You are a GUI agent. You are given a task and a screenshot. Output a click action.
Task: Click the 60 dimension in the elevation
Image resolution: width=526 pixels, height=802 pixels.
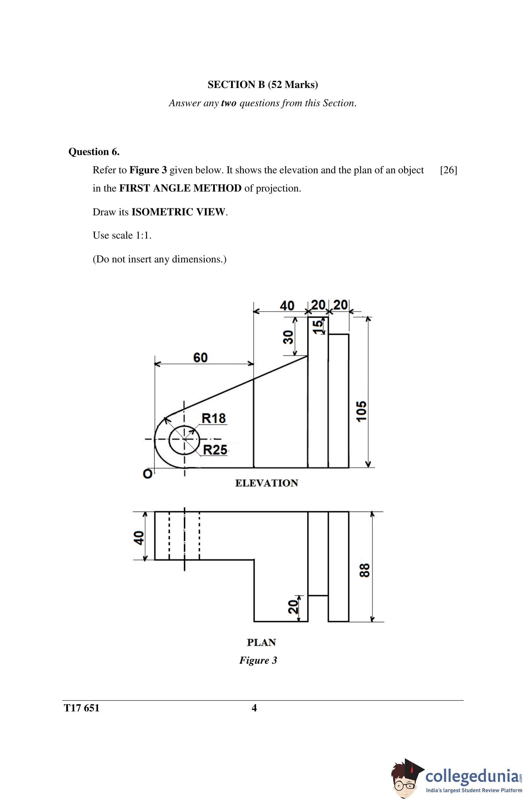tap(200, 357)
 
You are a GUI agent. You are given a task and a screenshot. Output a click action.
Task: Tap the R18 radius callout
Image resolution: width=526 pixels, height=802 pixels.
tap(213, 418)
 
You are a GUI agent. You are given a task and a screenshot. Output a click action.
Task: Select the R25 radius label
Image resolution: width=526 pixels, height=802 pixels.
tap(215, 450)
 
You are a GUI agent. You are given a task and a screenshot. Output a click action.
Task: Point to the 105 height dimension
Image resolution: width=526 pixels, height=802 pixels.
tap(361, 411)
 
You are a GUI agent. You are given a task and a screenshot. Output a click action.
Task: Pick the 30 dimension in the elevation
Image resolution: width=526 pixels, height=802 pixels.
tap(288, 337)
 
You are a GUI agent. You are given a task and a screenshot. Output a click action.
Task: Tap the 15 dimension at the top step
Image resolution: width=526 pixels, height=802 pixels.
tap(318, 327)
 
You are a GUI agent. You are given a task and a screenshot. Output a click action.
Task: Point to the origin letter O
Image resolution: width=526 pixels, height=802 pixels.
tap(147, 474)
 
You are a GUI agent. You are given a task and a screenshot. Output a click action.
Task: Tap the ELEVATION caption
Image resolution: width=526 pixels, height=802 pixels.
tap(266, 483)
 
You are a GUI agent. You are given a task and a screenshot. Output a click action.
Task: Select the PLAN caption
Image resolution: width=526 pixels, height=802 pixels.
tap(261, 642)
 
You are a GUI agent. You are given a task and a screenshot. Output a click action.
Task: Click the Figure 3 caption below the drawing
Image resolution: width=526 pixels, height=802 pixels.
tap(258, 660)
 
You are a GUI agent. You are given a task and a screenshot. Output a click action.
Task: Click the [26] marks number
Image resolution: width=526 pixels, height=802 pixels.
tap(449, 170)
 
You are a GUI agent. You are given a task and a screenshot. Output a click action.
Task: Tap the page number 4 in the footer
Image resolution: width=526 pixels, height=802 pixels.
tap(254, 708)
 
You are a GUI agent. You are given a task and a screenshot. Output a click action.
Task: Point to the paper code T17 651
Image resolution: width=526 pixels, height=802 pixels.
tap(82, 708)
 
